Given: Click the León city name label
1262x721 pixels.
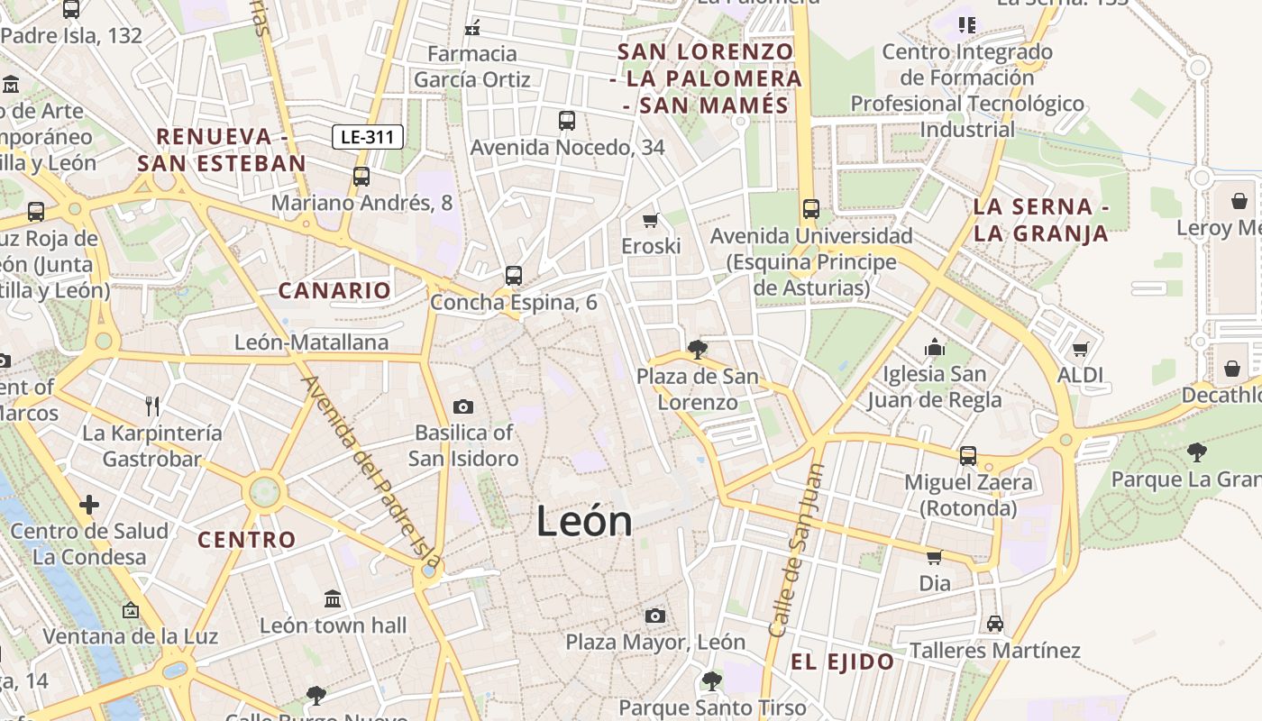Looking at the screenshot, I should (x=584, y=521).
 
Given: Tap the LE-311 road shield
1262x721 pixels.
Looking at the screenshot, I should (x=368, y=137).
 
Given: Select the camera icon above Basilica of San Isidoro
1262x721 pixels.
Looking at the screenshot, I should (x=463, y=406).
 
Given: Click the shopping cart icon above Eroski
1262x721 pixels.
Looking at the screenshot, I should (x=651, y=220).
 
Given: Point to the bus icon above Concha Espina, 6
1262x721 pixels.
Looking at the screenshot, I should (x=514, y=275).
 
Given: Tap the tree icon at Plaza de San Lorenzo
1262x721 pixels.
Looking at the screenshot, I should (x=697, y=349).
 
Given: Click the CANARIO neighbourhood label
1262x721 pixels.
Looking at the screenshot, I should (x=334, y=291).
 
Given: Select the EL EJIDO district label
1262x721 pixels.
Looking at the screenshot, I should (x=842, y=662).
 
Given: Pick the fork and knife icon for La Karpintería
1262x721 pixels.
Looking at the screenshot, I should (x=152, y=406).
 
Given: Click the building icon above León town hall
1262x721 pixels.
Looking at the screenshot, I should (x=333, y=598).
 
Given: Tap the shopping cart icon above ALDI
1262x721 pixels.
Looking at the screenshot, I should (x=1081, y=348).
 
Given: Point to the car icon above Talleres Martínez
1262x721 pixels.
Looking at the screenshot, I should (x=995, y=623).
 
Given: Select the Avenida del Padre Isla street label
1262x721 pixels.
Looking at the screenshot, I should (x=359, y=469).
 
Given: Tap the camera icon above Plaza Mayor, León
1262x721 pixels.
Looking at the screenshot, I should (x=655, y=616).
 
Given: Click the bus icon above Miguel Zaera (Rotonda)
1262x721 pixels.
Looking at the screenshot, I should (x=968, y=455).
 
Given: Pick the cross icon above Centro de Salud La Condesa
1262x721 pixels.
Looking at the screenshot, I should (x=89, y=505).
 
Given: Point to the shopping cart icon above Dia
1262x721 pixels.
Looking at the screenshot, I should (x=935, y=557).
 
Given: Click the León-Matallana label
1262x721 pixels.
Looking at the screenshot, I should (x=311, y=342).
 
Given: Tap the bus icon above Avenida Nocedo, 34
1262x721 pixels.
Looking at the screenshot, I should (x=567, y=120).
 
